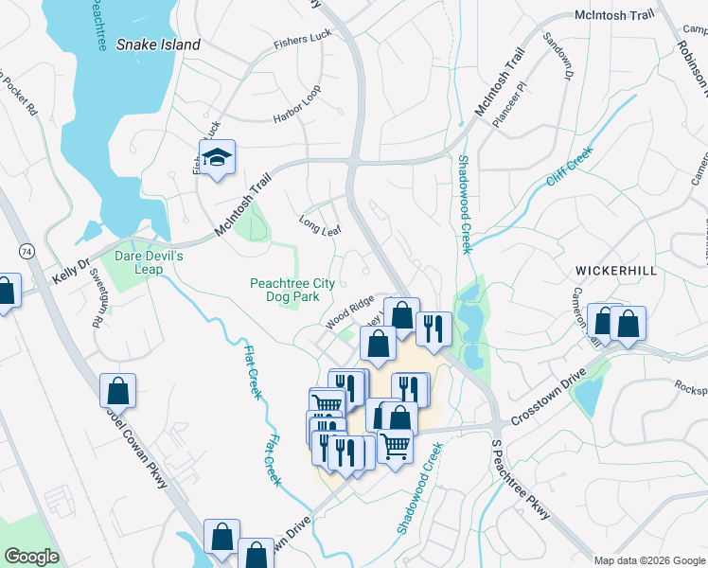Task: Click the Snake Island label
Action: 158,44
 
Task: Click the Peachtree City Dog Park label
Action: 284,290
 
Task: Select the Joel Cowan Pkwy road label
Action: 135,454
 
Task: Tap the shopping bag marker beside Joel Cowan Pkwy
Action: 117,389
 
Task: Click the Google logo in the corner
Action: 31,556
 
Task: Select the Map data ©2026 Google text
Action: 648,560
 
